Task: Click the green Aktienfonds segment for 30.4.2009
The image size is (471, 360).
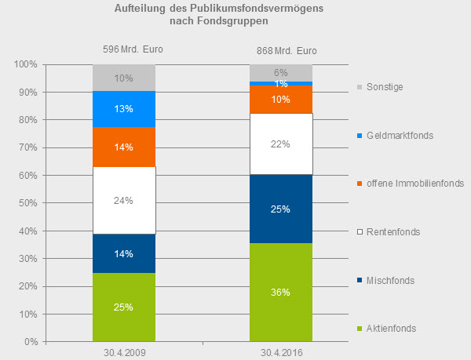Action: pyautogui.click(x=124, y=307)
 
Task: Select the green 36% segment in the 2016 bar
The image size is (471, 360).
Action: pyautogui.click(x=281, y=292)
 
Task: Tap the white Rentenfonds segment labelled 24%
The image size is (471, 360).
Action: pyautogui.click(x=124, y=200)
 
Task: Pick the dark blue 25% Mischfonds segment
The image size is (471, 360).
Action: pyautogui.click(x=281, y=209)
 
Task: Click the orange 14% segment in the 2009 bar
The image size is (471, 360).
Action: pyautogui.click(x=124, y=147)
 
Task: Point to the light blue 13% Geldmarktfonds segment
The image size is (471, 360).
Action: pyautogui.click(x=124, y=109)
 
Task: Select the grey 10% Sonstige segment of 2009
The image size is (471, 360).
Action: pyautogui.click(x=124, y=78)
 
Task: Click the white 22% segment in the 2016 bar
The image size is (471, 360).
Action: pyautogui.click(x=281, y=144)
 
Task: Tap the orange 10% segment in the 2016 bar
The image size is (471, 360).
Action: pyautogui.click(x=281, y=100)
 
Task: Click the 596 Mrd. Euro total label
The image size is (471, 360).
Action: pyautogui.click(x=133, y=49)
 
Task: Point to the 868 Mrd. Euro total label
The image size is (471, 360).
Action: pyautogui.click(x=290, y=52)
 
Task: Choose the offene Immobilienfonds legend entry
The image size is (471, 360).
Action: pyautogui.click(x=411, y=184)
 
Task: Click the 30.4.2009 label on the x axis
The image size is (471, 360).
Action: pyautogui.click(x=124, y=353)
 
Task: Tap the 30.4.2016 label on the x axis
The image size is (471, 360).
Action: pyautogui.click(x=281, y=353)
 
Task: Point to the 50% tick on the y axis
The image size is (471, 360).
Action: pyautogui.click(x=27, y=203)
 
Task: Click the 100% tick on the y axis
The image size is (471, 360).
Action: pyautogui.click(x=25, y=64)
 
